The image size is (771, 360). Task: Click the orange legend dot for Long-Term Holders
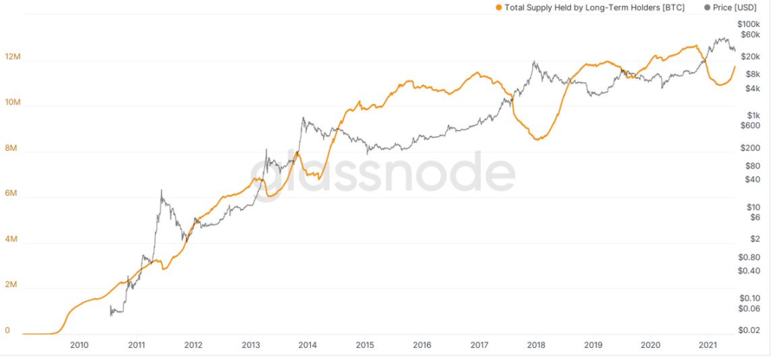pos(498,7)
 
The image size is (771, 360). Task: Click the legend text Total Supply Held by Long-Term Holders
pos(594,7)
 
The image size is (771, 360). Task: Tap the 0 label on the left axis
pos(7,330)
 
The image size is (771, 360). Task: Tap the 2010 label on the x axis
pos(80,345)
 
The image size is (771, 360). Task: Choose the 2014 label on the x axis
pos(307,345)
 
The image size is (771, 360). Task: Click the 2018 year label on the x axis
pos(536,345)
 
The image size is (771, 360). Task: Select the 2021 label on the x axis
pos(707,345)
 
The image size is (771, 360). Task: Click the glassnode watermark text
pos(384,175)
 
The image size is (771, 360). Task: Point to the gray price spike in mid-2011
pos(161,191)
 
